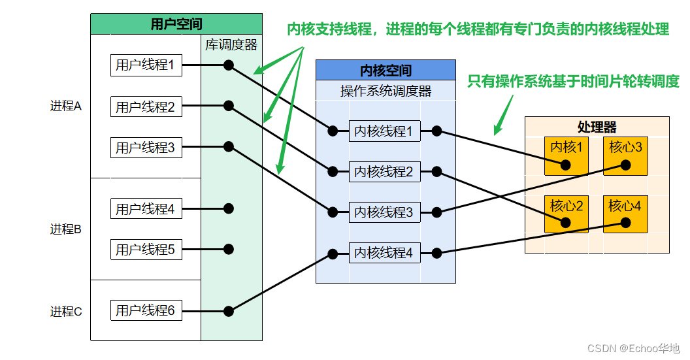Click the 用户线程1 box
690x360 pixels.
146,65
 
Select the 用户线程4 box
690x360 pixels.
146,208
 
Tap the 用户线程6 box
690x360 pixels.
146,310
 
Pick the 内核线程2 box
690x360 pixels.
385,172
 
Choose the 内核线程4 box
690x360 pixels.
385,253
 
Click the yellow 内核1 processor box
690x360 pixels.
567,155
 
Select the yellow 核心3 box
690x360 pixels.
625,155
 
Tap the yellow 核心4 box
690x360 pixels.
625,214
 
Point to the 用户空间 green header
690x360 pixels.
176,24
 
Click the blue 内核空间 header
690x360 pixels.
386,70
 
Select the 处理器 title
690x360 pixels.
597,127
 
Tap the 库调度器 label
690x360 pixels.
231,44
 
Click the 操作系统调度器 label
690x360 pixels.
386,91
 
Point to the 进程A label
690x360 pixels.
65,106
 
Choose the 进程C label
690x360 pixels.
65,312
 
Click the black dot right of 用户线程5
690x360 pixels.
229,249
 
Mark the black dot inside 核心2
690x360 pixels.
565,223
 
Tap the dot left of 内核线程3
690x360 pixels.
333,212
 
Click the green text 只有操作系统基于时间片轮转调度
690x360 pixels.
574,81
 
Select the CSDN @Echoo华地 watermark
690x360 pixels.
634,348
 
